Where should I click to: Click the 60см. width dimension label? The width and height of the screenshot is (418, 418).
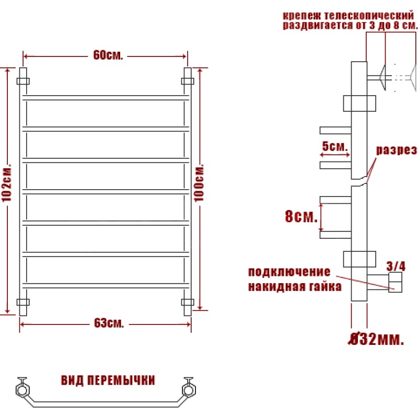pos(108,55)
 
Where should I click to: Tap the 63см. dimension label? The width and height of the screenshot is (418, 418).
pos(109,323)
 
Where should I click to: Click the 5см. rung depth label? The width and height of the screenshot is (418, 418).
pos(335,146)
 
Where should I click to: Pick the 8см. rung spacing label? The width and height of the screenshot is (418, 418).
pos(301,216)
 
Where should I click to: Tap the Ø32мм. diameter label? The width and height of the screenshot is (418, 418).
pos(376,339)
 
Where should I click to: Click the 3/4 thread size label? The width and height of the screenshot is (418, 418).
pos(396,266)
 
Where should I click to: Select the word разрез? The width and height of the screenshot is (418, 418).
pos(397,150)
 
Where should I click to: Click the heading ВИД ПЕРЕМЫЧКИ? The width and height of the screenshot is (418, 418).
pos(108,380)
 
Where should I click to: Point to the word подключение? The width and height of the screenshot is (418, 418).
pos(289,272)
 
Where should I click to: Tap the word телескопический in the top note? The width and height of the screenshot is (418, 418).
pos(369,16)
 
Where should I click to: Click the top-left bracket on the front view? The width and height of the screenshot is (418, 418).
pos(23,81)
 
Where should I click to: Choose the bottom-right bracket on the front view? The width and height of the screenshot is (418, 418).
pos(188,302)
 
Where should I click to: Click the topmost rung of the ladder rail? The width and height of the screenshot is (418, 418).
pos(106,98)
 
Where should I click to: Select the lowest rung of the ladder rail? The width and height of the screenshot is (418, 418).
pos(106,286)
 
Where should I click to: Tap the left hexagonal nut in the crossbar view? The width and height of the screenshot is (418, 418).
pos(22,390)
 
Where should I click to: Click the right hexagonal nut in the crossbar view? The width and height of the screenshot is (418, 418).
pos(189,390)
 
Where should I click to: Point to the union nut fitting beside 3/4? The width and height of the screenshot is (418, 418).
pos(396,282)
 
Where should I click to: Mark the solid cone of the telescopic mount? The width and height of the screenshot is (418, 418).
pos(382,77)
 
